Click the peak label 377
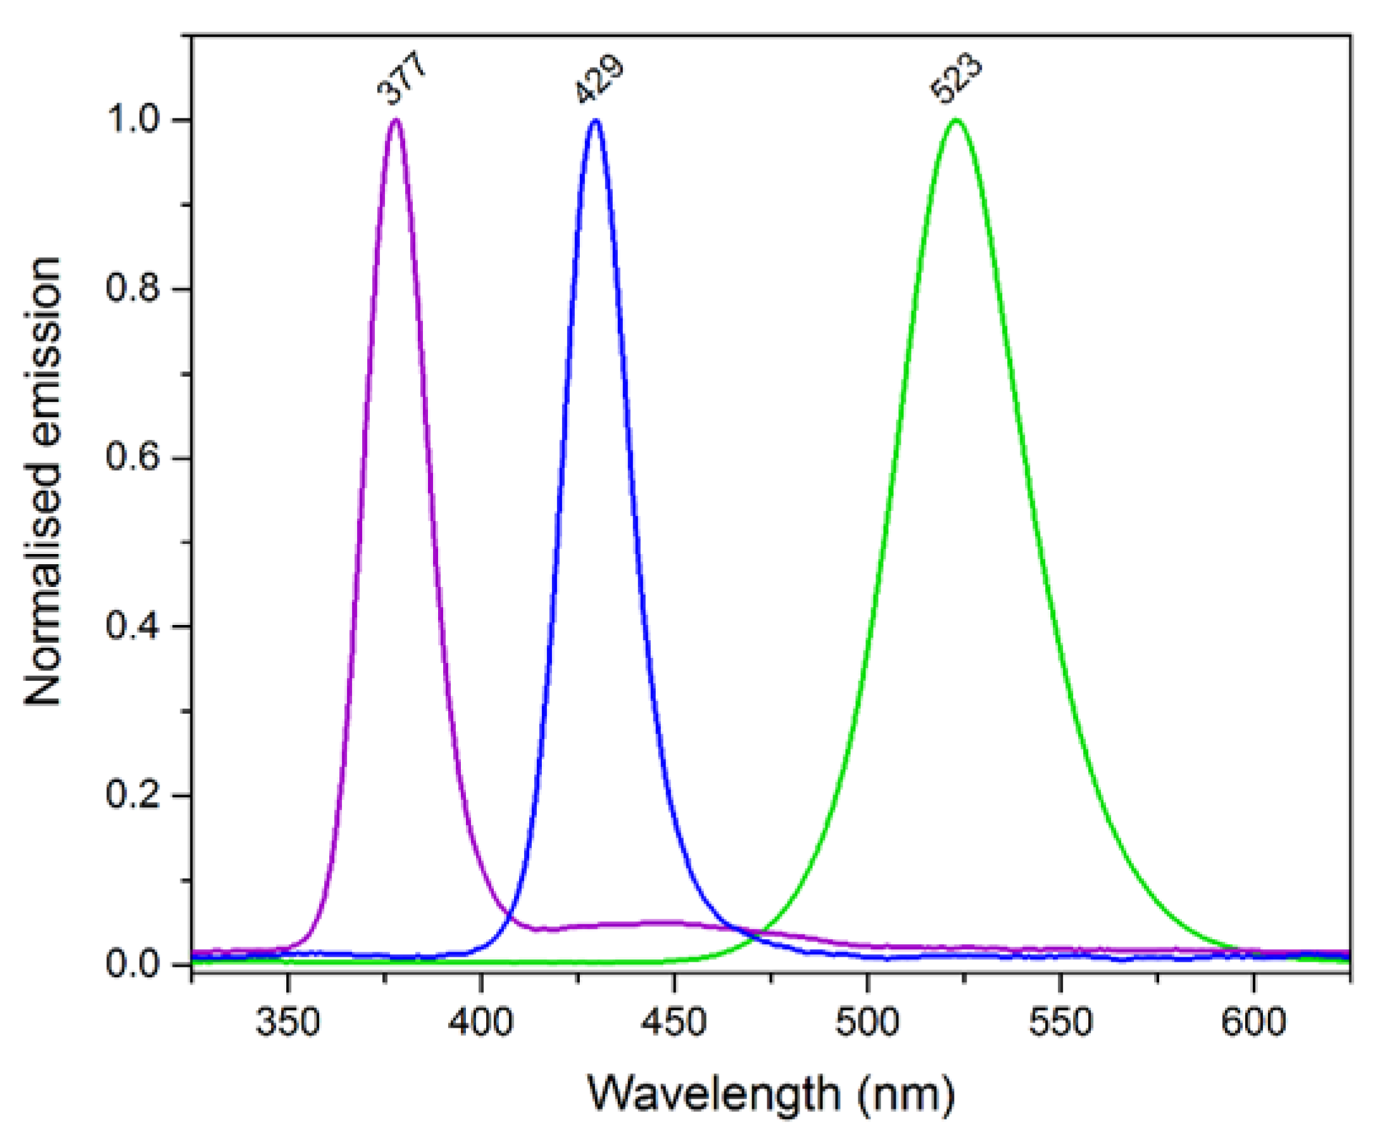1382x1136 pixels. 401,79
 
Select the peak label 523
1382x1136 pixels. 956,79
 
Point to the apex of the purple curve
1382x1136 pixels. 396,120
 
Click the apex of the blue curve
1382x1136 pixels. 595,120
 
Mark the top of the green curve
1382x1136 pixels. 956,120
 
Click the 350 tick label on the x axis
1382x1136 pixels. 288,1022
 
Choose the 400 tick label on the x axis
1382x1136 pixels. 481,1022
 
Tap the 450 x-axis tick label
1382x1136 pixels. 674,1022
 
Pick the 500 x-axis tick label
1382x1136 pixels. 867,1022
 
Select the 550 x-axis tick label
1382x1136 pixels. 1060,1022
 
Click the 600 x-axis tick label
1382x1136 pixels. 1253,1022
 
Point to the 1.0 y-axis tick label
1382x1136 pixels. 134,120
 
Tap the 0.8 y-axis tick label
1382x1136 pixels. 134,289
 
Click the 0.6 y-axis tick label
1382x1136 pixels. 134,457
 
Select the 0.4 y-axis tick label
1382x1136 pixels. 134,626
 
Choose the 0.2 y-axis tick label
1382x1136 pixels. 134,796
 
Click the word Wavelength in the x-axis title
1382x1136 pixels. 713,1093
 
